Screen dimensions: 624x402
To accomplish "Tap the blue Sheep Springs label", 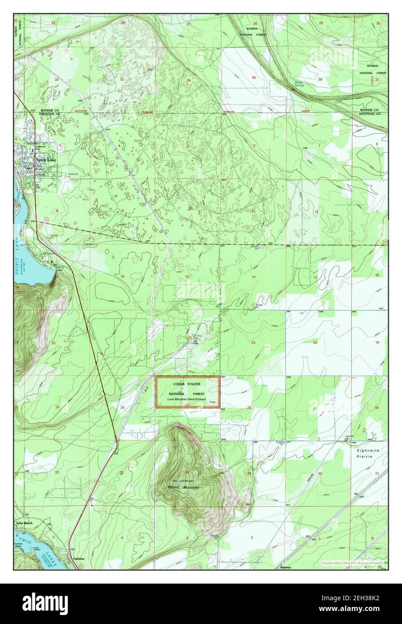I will coord(299,84).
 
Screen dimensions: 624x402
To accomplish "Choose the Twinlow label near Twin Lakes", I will coord(78,559).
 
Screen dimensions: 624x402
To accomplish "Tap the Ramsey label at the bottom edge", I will coord(286,567).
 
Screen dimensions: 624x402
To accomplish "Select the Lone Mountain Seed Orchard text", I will coord(187,399).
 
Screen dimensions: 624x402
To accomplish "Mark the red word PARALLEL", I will coord(230,112).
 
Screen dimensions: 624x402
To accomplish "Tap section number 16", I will coord(122,277).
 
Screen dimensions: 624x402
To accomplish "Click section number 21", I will coord(122,342).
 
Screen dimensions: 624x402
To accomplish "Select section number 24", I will coord(315,343).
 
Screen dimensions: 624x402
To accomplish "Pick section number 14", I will coord(253,277).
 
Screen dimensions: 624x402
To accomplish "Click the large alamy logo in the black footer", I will coord(45,604).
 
